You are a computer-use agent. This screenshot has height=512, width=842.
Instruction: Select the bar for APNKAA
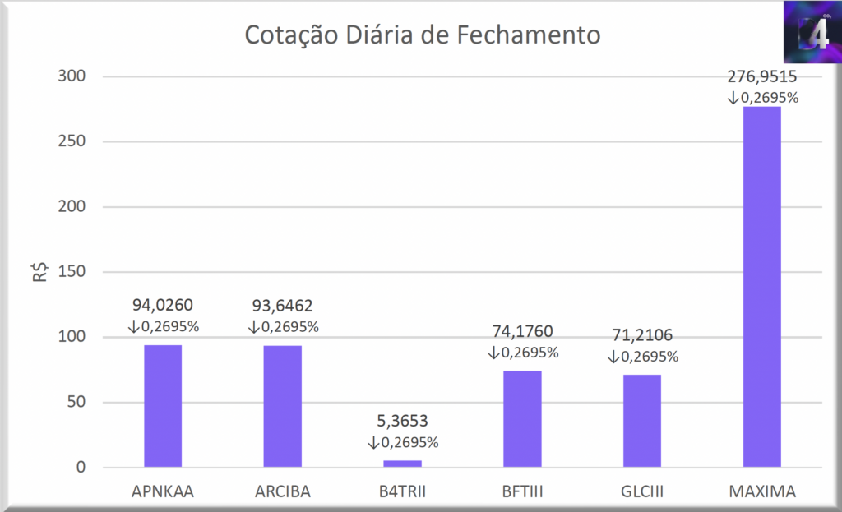pyautogui.click(x=163, y=406)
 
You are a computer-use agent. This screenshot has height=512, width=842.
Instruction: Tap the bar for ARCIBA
pyautogui.click(x=283, y=406)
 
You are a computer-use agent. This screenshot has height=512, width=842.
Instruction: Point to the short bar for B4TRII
pyautogui.click(x=402, y=464)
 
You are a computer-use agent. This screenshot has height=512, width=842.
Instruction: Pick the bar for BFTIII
pyautogui.click(x=522, y=419)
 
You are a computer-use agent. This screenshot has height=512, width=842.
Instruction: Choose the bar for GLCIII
pyautogui.click(x=642, y=421)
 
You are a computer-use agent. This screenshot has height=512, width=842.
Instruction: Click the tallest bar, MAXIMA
pyautogui.click(x=761, y=288)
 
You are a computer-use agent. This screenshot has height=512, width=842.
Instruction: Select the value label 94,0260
pyautogui.click(x=163, y=307)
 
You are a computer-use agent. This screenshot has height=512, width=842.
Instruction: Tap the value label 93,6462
pyautogui.click(x=283, y=307)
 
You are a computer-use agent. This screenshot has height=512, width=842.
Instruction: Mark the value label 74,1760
pyautogui.click(x=522, y=332)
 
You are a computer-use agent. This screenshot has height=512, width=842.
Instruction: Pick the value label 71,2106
pyautogui.click(x=642, y=336)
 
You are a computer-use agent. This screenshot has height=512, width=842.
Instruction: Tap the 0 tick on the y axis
pyautogui.click(x=81, y=468)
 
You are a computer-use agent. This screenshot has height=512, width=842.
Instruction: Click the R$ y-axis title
pyautogui.click(x=39, y=272)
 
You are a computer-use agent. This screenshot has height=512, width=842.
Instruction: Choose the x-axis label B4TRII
pyautogui.click(x=403, y=492)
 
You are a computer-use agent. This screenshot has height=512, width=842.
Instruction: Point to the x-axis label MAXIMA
pyautogui.click(x=762, y=492)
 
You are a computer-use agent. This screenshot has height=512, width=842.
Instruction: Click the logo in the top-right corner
pyautogui.click(x=812, y=31)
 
